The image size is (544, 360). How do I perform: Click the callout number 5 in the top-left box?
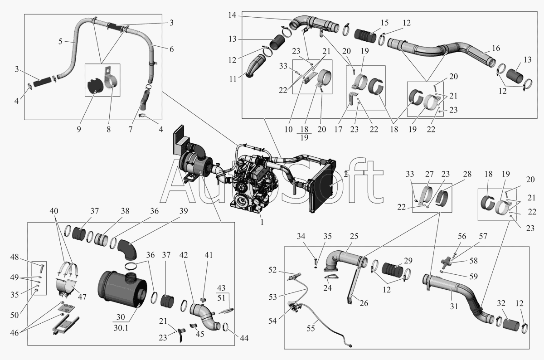pyautogui.click(x=60, y=42)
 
